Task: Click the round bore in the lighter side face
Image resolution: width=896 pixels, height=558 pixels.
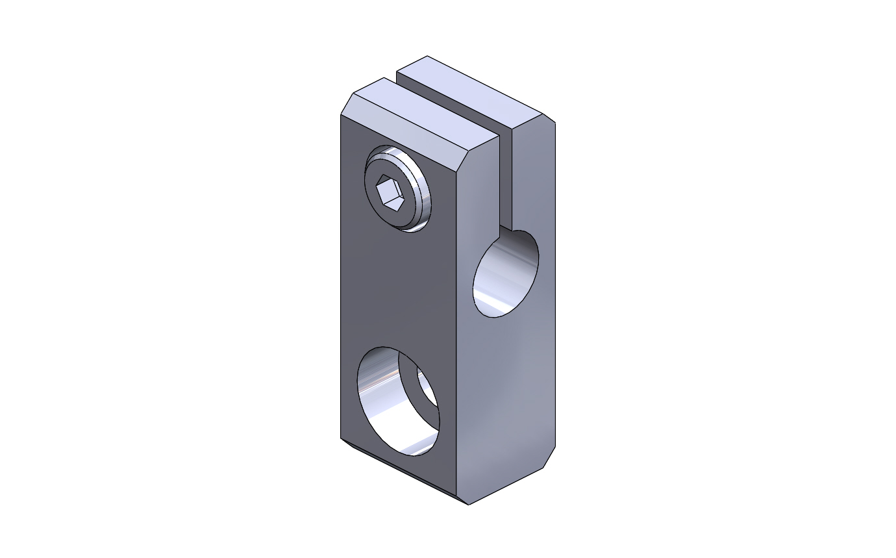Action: (506, 274)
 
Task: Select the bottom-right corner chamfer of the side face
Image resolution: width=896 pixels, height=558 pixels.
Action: (549, 457)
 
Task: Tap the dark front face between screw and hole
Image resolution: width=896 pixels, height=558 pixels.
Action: (396, 286)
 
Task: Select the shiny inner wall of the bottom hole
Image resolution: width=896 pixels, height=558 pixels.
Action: (377, 396)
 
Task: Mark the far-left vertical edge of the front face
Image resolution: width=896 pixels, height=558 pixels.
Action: (341, 279)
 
